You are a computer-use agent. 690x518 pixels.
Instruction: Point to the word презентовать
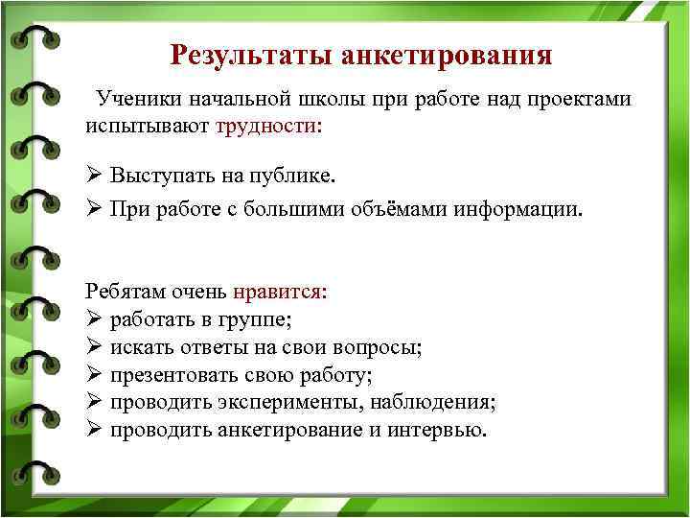166,375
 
